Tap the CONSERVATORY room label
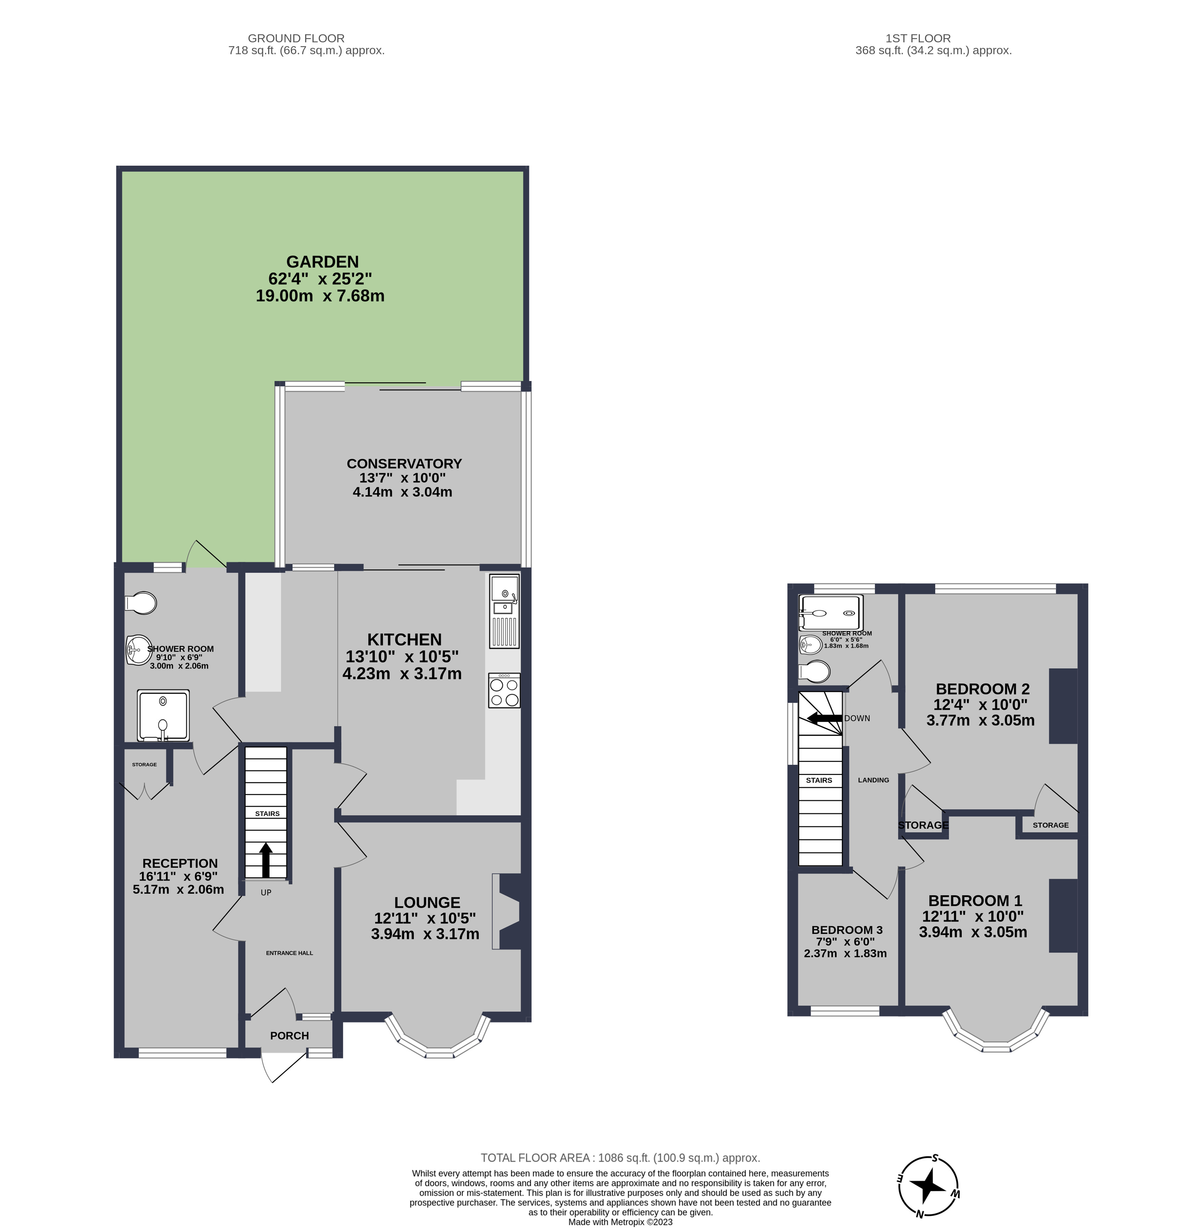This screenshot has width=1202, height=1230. (404, 464)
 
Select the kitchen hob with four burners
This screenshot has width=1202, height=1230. (505, 691)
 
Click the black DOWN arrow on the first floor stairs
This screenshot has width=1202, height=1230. (824, 718)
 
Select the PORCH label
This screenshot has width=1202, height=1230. (289, 1036)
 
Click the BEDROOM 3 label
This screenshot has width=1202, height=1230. (846, 930)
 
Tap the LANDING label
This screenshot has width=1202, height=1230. (873, 780)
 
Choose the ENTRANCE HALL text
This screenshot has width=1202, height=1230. (289, 953)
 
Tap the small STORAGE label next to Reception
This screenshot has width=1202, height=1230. (144, 765)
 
